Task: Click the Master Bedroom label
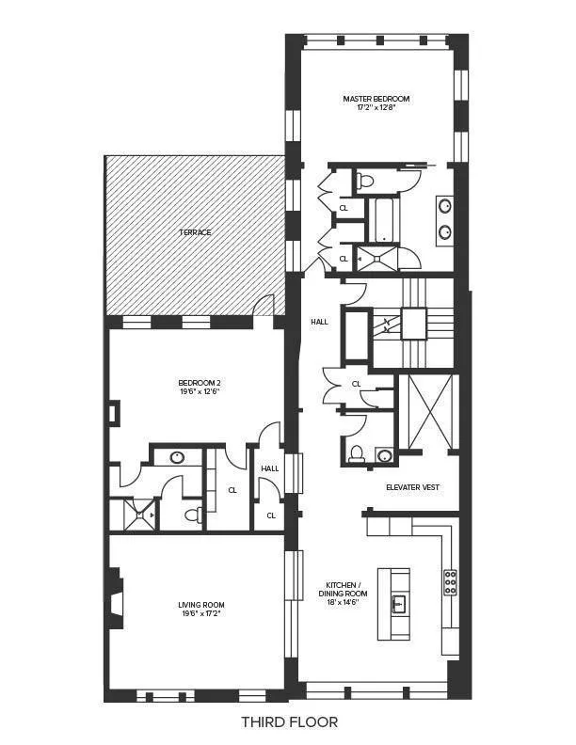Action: [x=376, y=98]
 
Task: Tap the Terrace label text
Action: [x=196, y=231]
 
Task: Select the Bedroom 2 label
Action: [x=200, y=382]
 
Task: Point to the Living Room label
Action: [x=201, y=605]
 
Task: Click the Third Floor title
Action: [x=288, y=722]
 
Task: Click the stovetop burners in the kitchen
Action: [x=450, y=584]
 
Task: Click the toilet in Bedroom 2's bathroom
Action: [x=192, y=515]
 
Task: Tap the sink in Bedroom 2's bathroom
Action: [x=177, y=458]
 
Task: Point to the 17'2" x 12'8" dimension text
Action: [x=376, y=108]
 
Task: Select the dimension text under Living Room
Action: [x=201, y=615]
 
